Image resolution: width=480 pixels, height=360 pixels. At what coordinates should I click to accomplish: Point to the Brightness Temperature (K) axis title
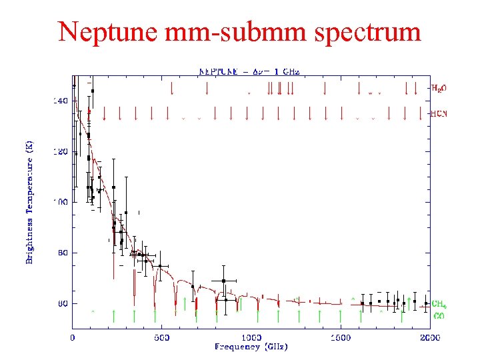point(29,201)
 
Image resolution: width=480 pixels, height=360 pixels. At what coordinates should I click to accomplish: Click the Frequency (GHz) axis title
point(251,347)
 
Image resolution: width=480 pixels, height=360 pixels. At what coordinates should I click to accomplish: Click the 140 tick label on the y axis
point(60,101)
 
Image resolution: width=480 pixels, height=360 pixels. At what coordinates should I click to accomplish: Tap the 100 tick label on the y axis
point(60,202)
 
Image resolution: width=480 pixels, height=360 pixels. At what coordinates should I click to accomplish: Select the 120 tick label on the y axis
point(60,151)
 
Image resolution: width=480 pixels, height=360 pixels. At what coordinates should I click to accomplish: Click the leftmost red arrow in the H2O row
point(173,87)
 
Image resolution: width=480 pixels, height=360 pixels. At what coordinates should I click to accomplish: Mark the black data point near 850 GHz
point(224,281)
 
